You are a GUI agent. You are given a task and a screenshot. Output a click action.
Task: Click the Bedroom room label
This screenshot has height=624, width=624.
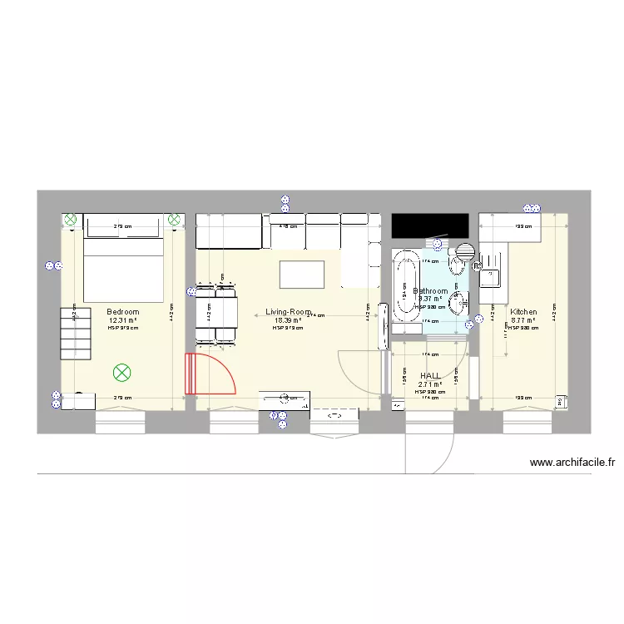pos(122,312)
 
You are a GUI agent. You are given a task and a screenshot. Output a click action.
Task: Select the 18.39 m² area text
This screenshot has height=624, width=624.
pos(287,320)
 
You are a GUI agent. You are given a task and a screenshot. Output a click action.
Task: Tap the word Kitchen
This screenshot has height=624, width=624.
pos(523,312)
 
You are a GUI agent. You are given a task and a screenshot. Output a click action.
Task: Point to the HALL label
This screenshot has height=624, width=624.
pos(430,376)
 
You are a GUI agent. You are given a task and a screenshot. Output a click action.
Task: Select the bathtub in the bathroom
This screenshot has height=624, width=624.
pos(406,291)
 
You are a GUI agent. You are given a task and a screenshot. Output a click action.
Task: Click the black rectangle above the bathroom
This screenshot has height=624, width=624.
pos(429,225)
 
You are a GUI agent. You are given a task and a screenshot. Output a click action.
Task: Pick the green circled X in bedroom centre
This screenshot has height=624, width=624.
pos(122,373)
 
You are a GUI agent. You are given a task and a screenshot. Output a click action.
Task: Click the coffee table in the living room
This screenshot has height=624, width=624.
pos(302,273)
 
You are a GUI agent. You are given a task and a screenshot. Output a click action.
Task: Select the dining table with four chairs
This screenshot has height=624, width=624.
pos(215,313)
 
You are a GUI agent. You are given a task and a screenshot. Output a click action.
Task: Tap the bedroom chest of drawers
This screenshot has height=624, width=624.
pos(75,333)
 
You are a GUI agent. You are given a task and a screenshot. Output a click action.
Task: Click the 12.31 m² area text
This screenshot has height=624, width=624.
pos(122,320)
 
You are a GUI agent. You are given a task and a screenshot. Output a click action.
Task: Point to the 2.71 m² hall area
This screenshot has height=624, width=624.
pos(430,384)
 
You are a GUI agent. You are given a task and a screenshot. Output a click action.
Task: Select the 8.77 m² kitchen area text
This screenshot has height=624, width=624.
pos(523,320)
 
